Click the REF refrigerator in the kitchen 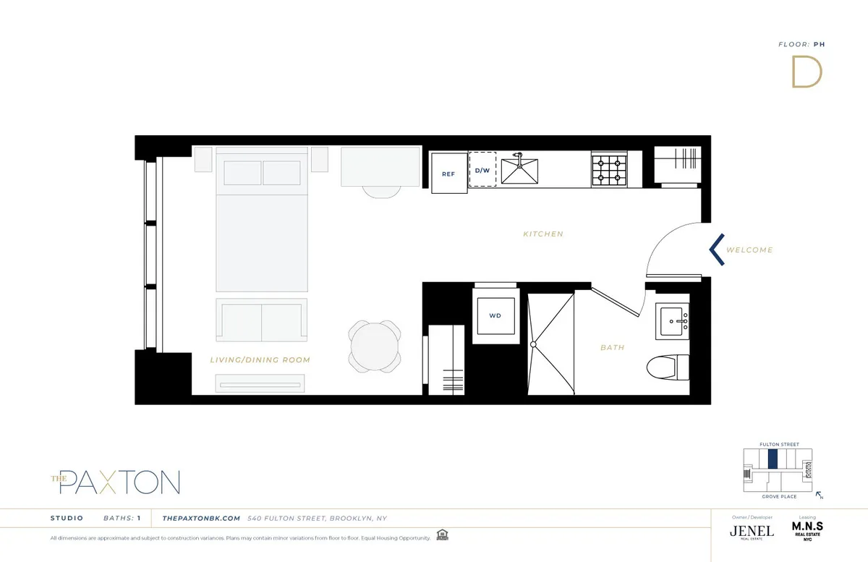[x=448, y=173]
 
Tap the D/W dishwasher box [x=482, y=170]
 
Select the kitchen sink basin [x=522, y=171]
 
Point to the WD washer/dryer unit [x=495, y=316]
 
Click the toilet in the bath [x=665, y=366]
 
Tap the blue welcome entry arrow [x=716, y=249]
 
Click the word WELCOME [x=749, y=250]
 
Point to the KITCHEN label [x=542, y=234]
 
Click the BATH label [x=612, y=348]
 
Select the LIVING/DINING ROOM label [x=260, y=360]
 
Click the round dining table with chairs [x=374, y=344]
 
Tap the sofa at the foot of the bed [x=260, y=319]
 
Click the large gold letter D [x=807, y=72]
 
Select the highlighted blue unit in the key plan [x=773, y=459]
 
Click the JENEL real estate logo [x=752, y=530]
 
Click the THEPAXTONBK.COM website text [x=201, y=518]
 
